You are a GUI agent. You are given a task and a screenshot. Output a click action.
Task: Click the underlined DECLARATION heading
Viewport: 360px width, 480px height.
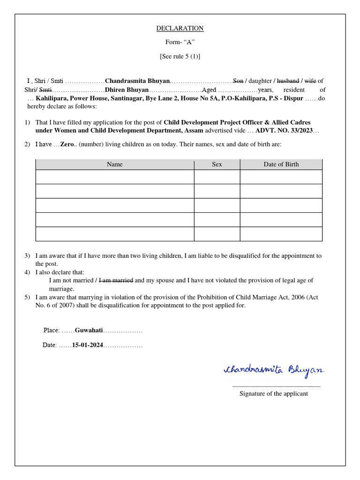point(180,28)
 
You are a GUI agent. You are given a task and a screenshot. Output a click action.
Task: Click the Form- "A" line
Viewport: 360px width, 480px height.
point(180,42)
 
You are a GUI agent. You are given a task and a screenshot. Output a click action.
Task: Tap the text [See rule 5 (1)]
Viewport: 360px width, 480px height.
point(180,56)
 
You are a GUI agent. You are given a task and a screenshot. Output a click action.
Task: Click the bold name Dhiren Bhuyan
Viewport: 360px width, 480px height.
point(127,90)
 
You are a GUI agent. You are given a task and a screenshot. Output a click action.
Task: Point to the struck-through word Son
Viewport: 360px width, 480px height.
point(238,81)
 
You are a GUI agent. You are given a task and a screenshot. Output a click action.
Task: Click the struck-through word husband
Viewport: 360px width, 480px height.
point(288,81)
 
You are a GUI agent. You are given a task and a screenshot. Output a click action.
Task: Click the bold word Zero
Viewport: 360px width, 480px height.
point(67,144)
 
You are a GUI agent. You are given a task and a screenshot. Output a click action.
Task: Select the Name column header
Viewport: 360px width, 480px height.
point(114,164)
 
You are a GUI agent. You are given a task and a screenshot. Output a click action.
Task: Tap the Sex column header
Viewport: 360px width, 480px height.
point(217,164)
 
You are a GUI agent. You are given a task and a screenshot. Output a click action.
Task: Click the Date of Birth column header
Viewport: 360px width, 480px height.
point(281,164)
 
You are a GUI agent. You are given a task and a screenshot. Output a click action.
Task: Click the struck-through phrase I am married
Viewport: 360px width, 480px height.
point(116,280)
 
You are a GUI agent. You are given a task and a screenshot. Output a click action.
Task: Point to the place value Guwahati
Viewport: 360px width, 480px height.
point(89,330)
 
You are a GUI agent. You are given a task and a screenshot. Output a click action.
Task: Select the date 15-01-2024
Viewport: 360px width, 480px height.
point(87,345)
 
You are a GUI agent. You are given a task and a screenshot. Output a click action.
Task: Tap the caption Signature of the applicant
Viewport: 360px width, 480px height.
point(274,393)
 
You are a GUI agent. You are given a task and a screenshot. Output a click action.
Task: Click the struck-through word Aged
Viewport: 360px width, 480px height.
point(209,90)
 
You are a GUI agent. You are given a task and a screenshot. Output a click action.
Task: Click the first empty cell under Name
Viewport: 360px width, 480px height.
point(114,177)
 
